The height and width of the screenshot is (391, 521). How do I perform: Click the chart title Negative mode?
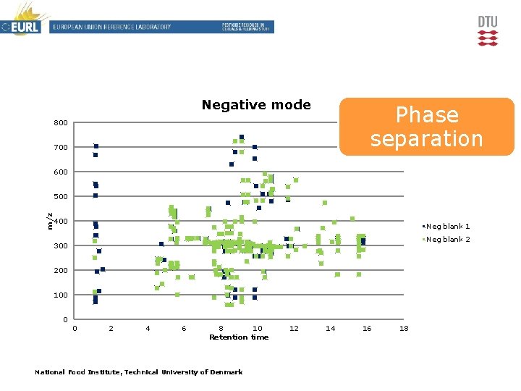(256, 105)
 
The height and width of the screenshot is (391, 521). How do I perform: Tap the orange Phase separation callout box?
(426, 127)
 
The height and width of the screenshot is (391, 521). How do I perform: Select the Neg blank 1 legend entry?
(448, 227)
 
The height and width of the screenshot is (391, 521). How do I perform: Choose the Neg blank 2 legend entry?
(448, 240)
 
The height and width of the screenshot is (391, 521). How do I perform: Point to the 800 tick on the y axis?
(61, 123)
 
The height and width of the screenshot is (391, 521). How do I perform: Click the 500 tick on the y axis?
(61, 197)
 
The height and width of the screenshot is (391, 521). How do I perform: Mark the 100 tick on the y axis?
(61, 295)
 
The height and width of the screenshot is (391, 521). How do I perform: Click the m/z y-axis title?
(49, 221)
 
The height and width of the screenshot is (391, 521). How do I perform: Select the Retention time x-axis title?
(239, 337)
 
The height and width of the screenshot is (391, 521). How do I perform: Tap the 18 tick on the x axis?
(404, 329)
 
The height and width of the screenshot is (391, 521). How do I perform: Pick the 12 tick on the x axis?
(294, 329)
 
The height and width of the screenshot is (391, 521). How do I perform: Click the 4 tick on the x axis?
(148, 329)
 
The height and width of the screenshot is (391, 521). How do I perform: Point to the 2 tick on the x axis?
(111, 329)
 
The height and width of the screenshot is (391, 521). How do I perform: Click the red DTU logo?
(488, 31)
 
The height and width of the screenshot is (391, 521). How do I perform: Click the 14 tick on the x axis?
(331, 329)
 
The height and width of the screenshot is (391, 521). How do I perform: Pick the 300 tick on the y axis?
(61, 246)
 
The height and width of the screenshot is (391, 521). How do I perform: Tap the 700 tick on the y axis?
(61, 148)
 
